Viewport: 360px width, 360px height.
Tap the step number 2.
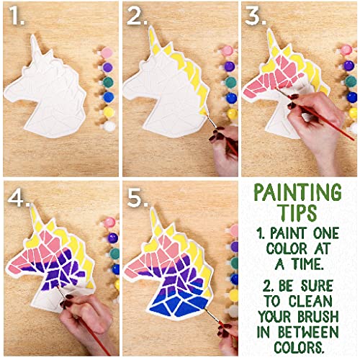137,17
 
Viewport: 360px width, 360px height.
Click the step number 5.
137,197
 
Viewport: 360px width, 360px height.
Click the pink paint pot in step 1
107,53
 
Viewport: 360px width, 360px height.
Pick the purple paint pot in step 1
108,67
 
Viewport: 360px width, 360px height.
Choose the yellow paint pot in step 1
109,112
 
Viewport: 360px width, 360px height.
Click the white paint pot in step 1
109,126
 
